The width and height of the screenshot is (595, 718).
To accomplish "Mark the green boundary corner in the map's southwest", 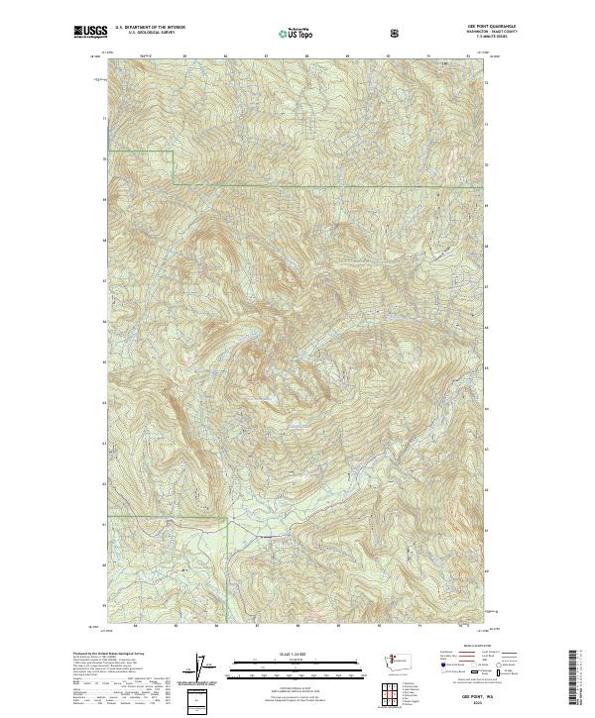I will click(229, 518).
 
